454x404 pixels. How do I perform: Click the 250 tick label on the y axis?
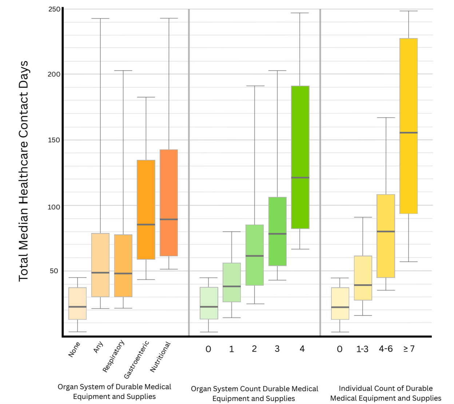coord(55,9)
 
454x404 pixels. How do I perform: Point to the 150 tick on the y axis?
coord(54,140)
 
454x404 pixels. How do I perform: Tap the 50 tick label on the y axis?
coord(54,271)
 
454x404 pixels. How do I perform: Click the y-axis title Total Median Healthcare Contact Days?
coord(24,171)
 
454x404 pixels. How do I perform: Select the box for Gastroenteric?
coord(146,209)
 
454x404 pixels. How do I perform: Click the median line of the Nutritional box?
coord(169,219)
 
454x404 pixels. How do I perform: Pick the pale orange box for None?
coord(77,303)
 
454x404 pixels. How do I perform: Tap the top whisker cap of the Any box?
coord(100,19)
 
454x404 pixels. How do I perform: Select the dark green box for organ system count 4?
coord(300,157)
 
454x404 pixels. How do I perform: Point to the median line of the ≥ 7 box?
coord(409,133)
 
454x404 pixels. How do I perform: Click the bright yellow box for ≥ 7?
coord(409,126)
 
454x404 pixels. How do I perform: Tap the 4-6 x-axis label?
coord(386,349)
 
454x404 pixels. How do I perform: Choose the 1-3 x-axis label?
coord(362,349)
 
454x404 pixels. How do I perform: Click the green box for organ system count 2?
coord(255,255)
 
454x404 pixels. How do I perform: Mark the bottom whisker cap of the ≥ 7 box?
coord(409,262)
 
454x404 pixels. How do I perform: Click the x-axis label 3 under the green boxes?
coord(277,349)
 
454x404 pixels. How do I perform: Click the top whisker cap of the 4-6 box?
coord(386,118)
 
